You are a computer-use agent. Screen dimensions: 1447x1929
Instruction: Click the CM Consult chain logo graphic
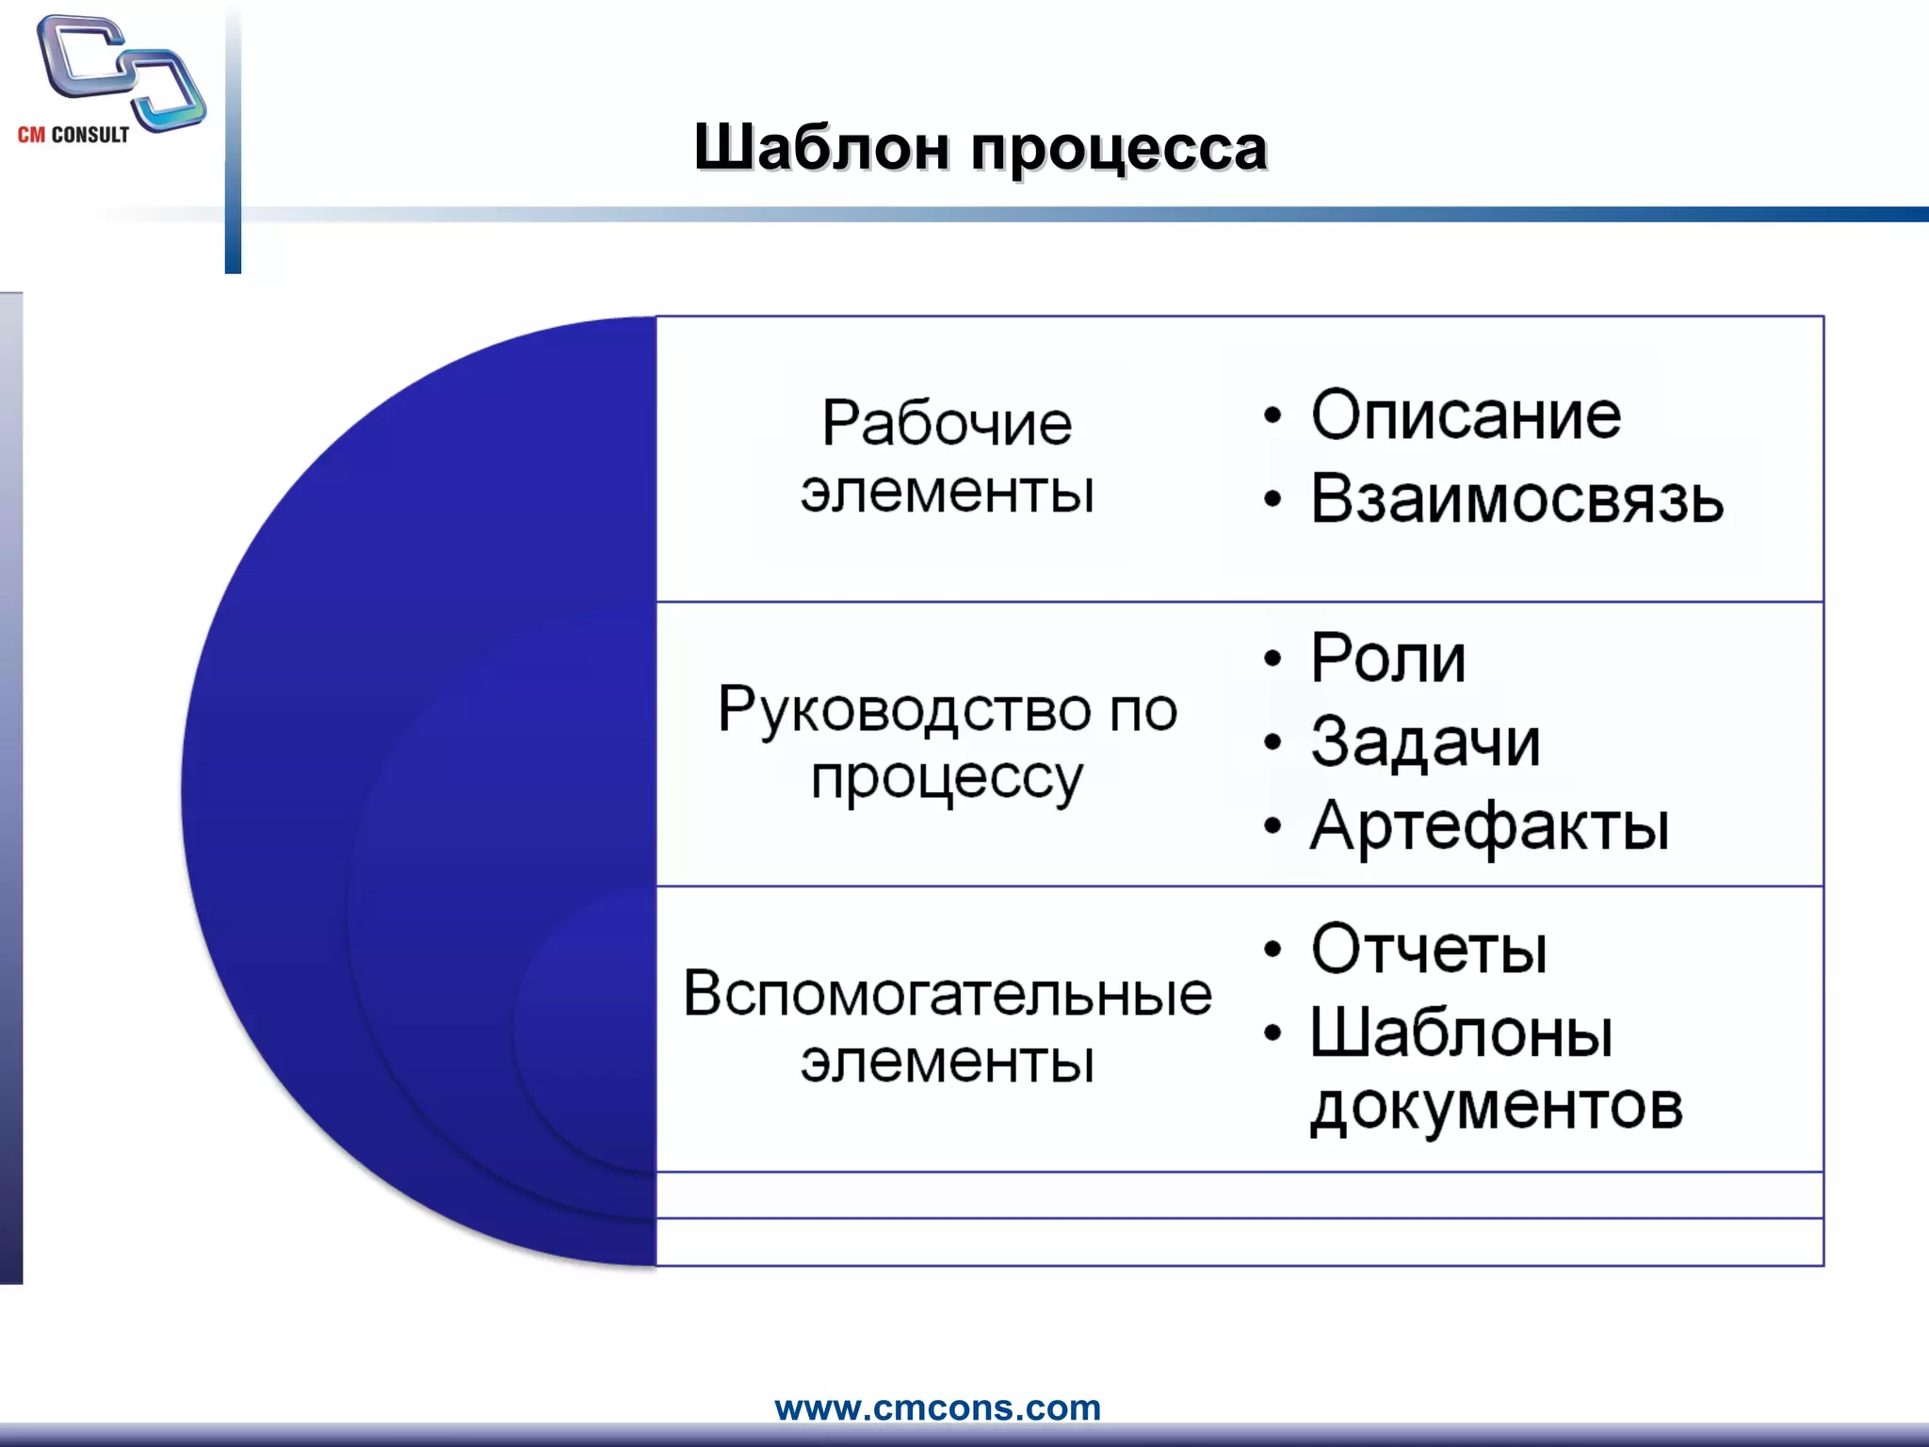pos(121,73)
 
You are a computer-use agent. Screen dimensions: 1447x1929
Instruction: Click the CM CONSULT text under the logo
pos(73,135)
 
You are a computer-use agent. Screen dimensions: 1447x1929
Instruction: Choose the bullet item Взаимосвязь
pos(1516,498)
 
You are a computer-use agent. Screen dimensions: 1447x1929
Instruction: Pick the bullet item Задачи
pos(1425,741)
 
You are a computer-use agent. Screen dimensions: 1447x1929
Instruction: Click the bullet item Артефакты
pos(1489,826)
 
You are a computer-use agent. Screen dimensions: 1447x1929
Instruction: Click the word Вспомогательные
pos(947,993)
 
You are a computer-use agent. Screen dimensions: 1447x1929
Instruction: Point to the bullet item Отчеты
pos(1429,949)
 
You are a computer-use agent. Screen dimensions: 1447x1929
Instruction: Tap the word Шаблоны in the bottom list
pos(1462,1033)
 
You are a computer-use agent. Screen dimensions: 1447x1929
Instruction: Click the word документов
pos(1496,1107)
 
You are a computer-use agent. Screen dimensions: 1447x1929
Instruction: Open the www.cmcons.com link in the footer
pos(937,1407)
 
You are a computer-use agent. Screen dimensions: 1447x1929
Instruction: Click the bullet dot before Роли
pos(1272,659)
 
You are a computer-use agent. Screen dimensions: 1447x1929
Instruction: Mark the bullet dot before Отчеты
pos(1272,951)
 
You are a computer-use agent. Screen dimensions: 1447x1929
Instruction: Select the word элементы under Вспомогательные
pos(947,1063)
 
